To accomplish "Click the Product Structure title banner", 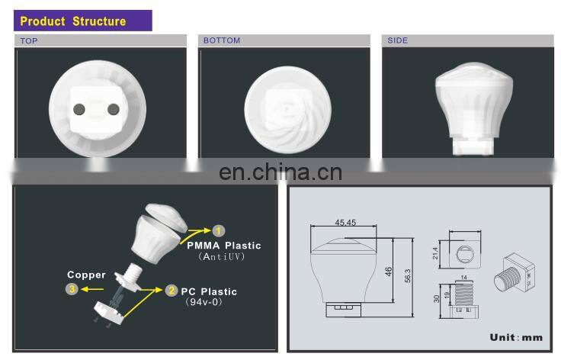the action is (82, 21).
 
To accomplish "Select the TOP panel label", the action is (29, 40).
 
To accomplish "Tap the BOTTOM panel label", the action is (222, 40).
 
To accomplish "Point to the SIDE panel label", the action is (397, 40).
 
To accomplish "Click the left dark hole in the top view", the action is (79, 109).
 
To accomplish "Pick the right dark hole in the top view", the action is (114, 109).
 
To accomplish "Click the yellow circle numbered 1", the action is (219, 230).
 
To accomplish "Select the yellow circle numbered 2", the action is (172, 291).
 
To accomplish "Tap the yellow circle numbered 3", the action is (72, 289).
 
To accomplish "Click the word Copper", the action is (87, 275).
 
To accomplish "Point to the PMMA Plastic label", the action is (224, 246).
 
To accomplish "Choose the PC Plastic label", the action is (209, 291).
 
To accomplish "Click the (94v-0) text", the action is (204, 302).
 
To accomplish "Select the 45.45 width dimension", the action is (345, 223).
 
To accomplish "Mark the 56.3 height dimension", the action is (408, 276).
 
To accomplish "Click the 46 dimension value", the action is (389, 272).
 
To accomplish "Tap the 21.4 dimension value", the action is (435, 252).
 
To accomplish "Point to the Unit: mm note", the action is (516, 337).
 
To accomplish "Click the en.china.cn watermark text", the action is (280, 172).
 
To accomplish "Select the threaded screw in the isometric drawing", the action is (507, 278).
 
